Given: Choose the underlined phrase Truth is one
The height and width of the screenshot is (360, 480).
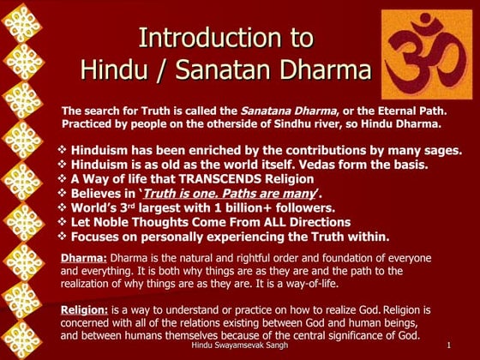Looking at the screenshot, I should pyautogui.click(x=182, y=193).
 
